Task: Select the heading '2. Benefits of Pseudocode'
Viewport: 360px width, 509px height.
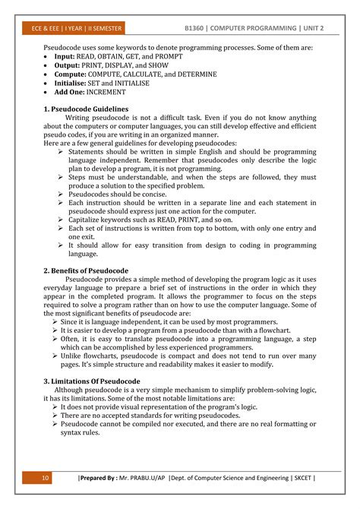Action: click(86, 270)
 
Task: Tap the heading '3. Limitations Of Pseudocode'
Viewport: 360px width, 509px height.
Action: click(91, 380)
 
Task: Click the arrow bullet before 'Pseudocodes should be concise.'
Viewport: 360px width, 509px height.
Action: click(62, 194)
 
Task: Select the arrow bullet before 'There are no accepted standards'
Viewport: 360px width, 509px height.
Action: click(55, 416)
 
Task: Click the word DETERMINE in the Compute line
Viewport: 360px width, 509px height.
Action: click(194, 74)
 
